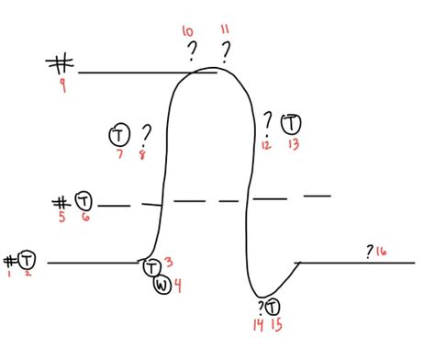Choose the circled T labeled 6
[83, 200]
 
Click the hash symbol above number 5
[61, 201]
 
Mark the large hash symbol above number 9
[61, 64]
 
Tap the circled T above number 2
[27, 259]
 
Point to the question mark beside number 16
[370, 250]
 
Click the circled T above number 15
[272, 307]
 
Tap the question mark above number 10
[192, 51]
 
